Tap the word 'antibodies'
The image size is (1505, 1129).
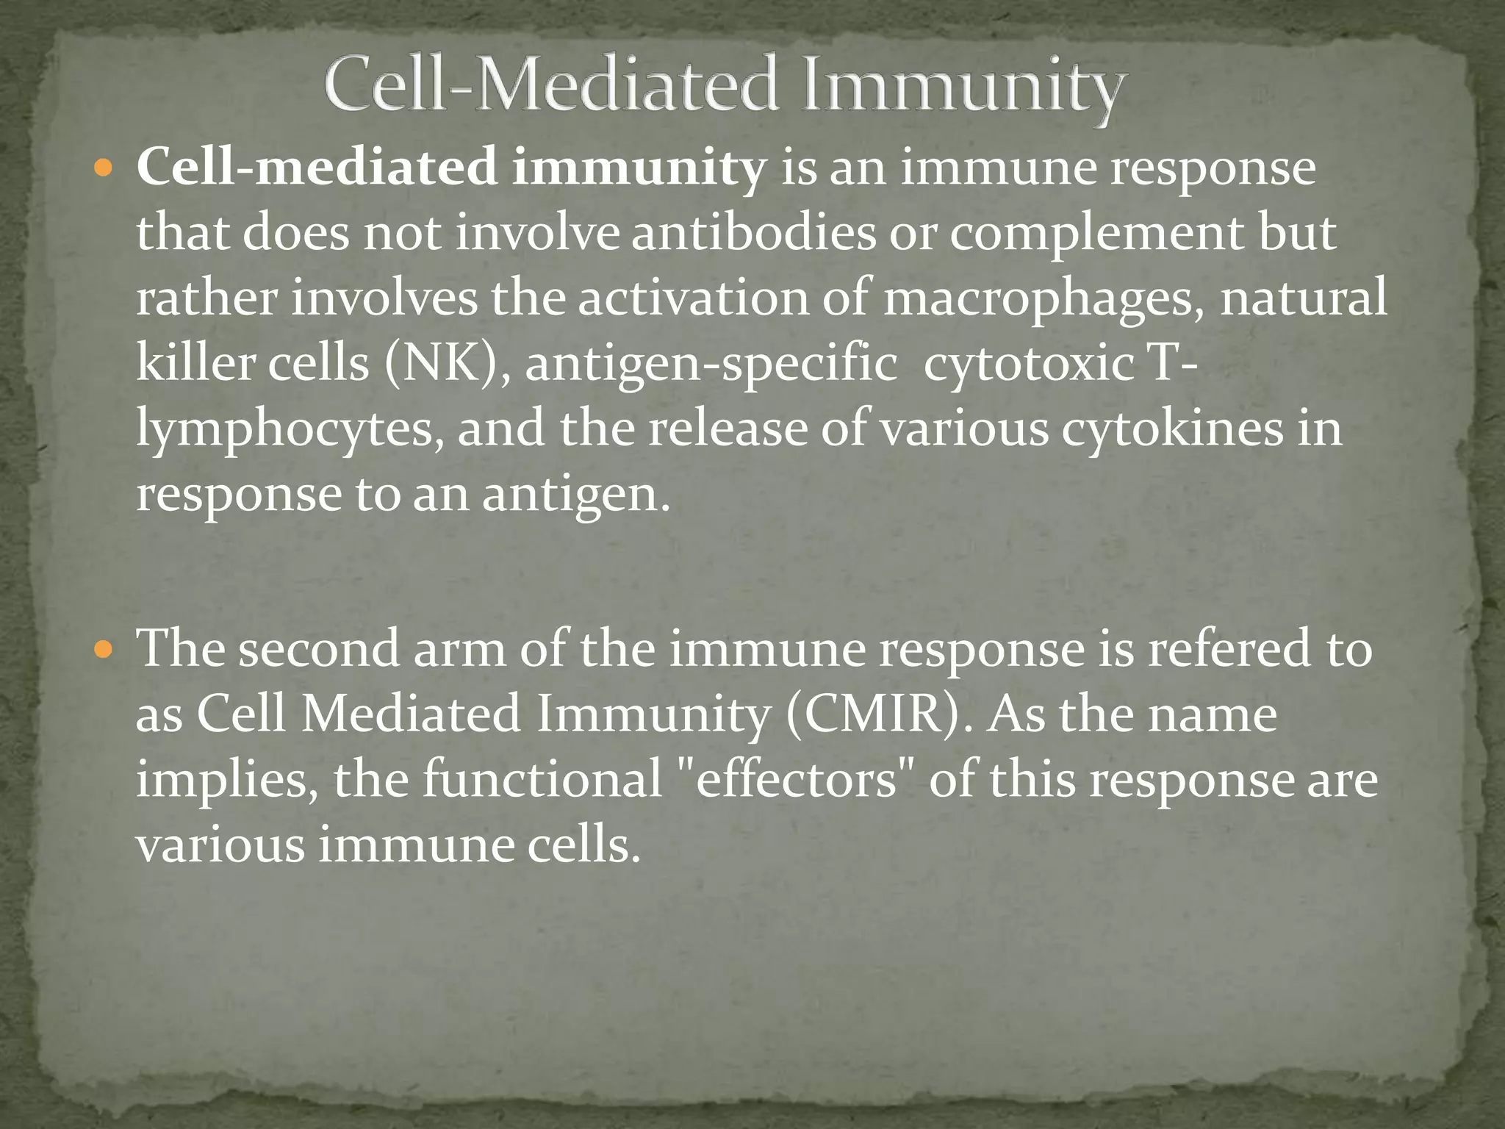point(753,233)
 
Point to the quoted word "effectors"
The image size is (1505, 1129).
point(796,779)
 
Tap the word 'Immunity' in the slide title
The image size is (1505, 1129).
point(963,87)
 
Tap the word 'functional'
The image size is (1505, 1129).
point(542,779)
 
